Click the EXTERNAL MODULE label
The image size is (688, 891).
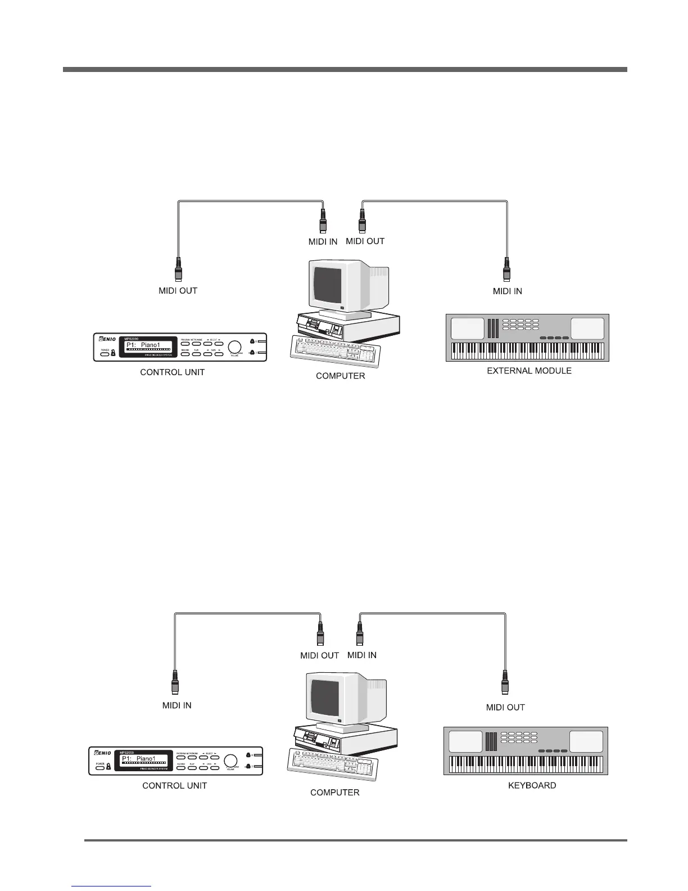coord(529,371)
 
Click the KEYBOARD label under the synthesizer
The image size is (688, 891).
coord(532,785)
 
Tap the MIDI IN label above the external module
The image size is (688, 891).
coord(507,291)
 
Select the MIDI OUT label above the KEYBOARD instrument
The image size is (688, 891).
coord(505,707)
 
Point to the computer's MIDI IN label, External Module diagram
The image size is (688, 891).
coord(323,241)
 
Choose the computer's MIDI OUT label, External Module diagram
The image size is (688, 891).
coord(365,241)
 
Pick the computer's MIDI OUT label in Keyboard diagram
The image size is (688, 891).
coord(319,655)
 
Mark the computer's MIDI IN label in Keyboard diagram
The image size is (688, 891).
coord(362,655)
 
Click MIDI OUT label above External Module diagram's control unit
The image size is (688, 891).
coord(178,291)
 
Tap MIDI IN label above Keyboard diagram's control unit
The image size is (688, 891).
coord(176,705)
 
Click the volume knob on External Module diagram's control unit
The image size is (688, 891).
coord(234,346)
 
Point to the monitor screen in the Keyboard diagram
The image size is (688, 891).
coord(325,697)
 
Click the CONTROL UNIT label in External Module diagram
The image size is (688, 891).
coord(172,372)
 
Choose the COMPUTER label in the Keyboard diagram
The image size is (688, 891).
coord(335,792)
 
